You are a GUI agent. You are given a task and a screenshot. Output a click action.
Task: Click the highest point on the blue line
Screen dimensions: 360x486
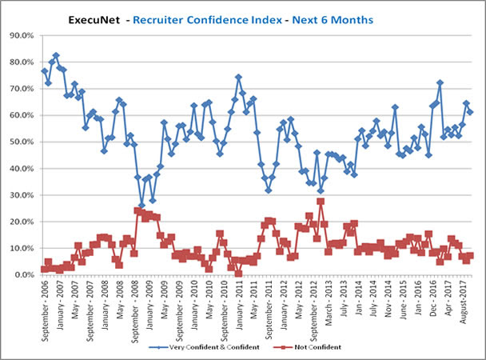tap(56, 55)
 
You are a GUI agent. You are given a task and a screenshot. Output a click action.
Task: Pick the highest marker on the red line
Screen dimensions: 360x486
tap(321, 201)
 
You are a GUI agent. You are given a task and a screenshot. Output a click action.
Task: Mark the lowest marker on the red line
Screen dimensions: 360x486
tap(238, 273)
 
